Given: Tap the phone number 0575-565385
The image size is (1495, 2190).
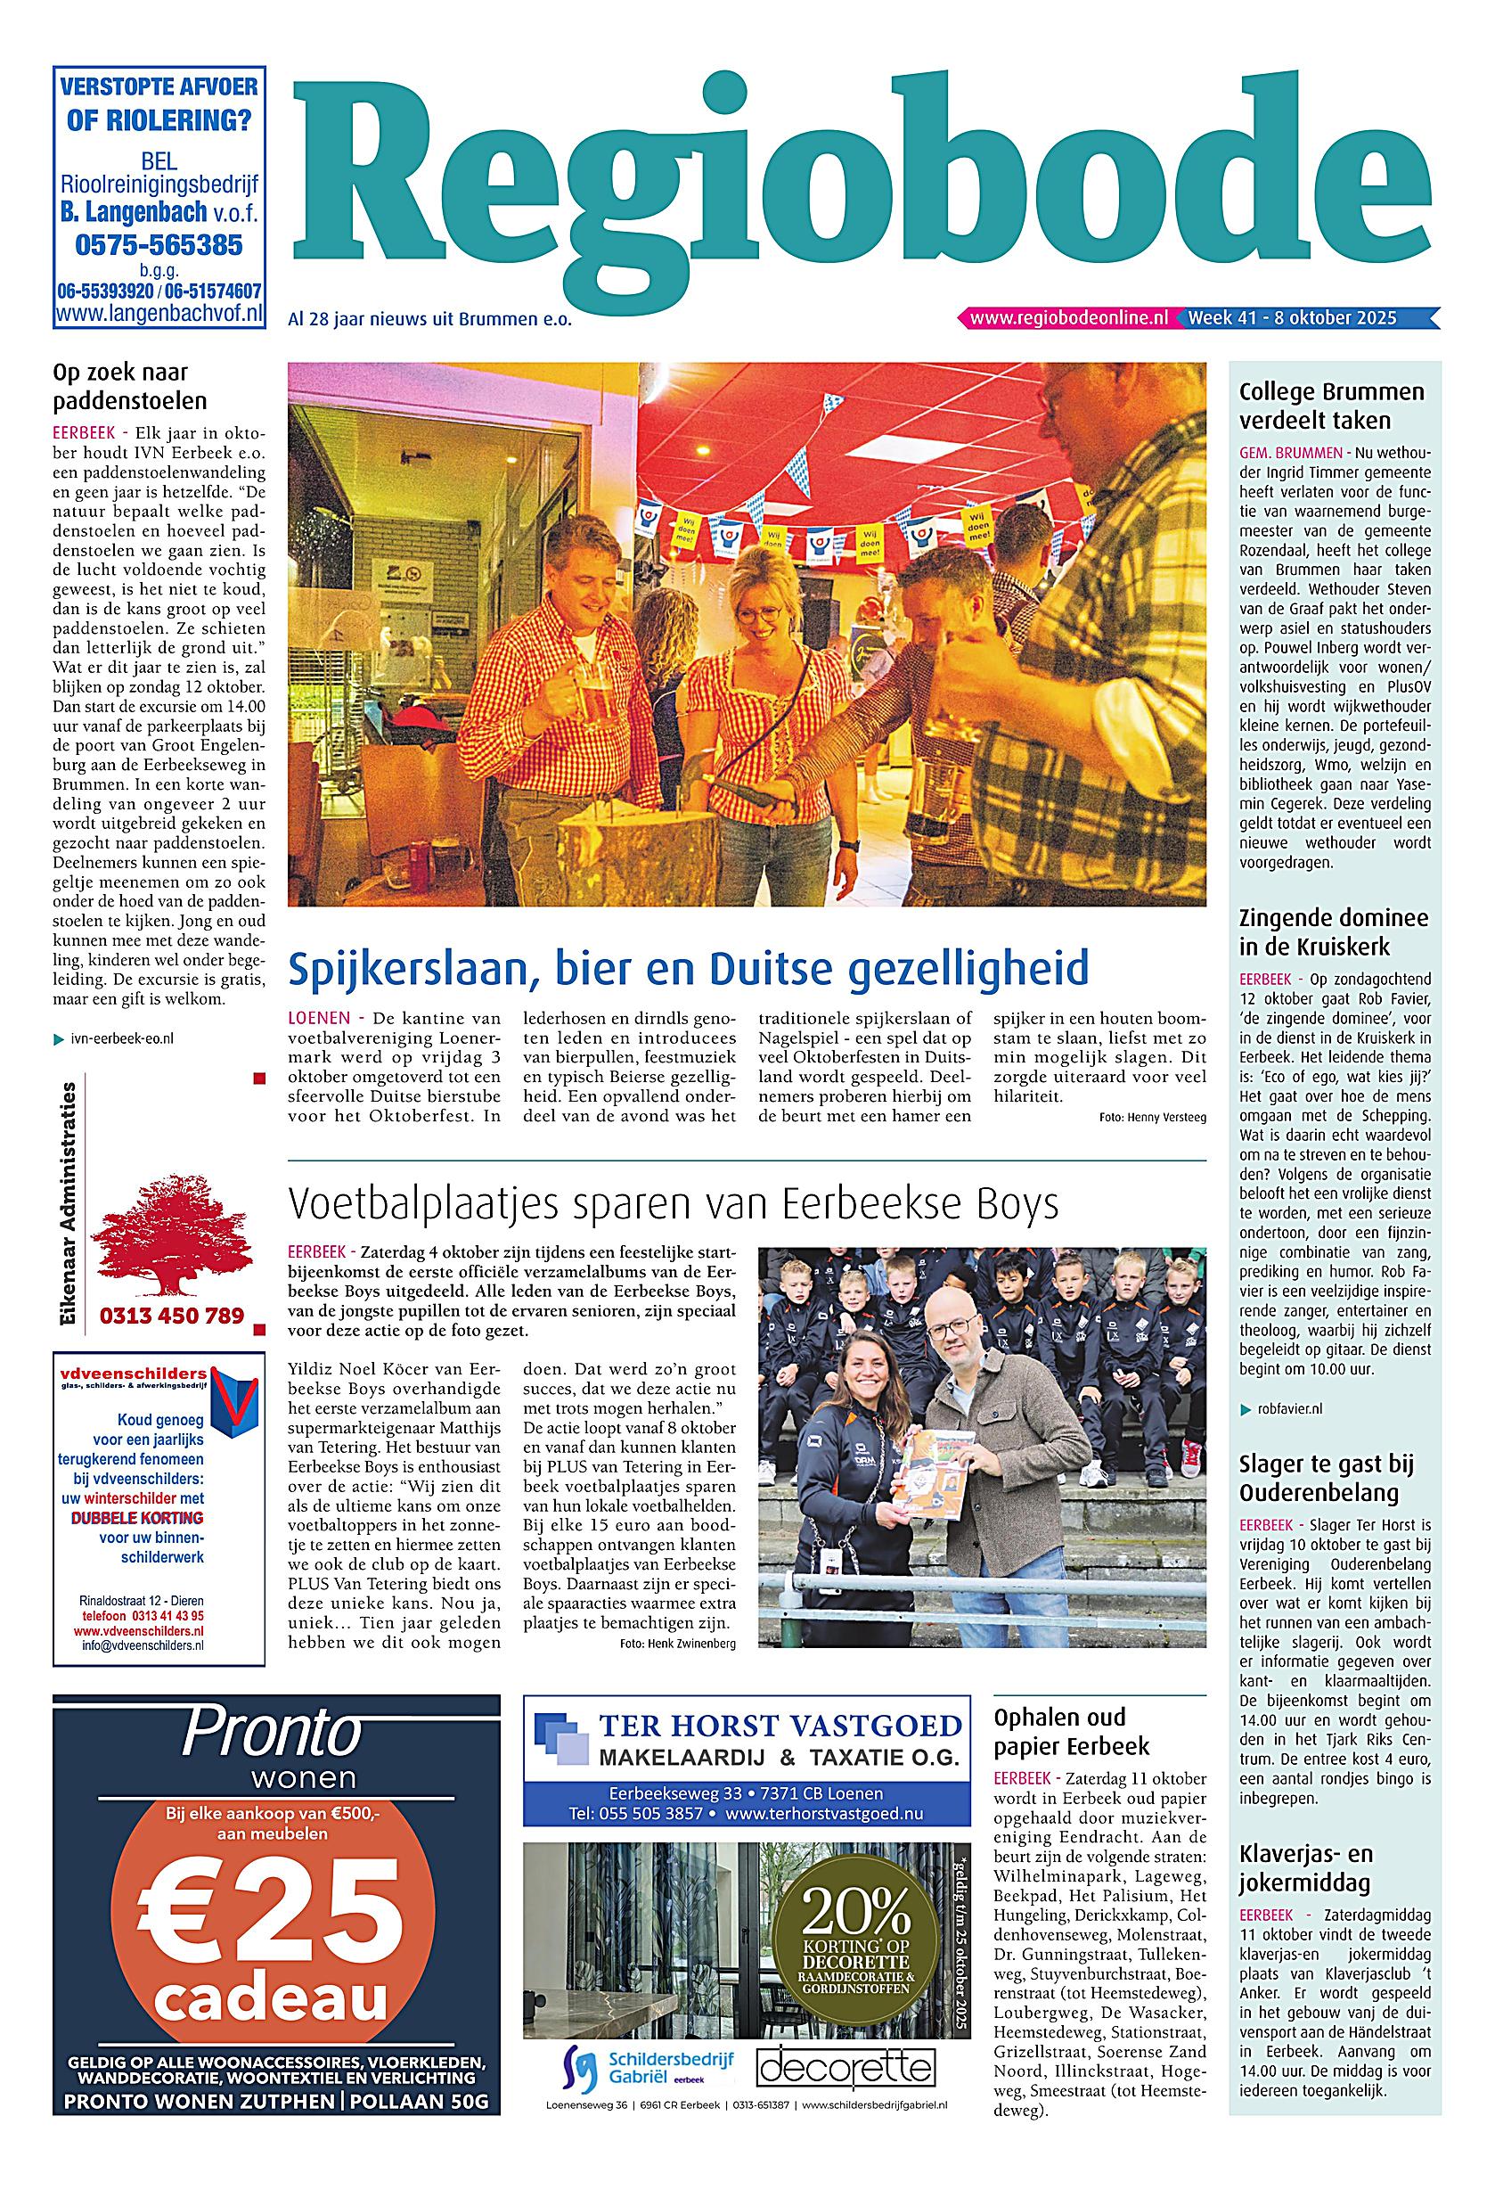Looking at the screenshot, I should click(159, 245).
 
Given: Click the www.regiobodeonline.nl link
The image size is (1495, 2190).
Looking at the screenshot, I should click(1067, 317).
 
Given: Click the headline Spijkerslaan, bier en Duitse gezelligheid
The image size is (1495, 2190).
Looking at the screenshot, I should click(688, 968).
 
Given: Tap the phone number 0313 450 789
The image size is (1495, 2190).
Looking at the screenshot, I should click(171, 1316).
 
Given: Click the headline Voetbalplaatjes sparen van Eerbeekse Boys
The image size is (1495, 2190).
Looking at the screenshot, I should click(674, 1203).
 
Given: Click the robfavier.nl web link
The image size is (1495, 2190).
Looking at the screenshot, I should click(1288, 1409).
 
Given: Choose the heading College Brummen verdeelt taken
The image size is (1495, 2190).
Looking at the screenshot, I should click(1331, 406).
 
